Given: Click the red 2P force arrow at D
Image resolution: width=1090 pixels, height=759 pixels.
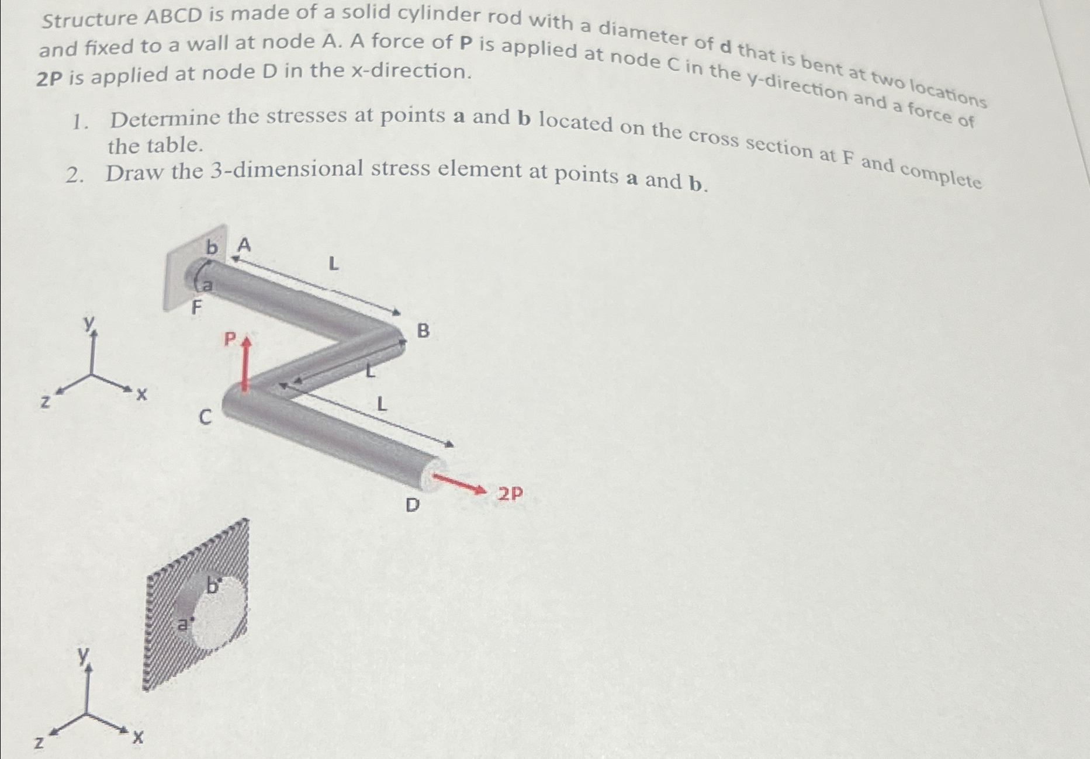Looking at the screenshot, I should click(x=460, y=483).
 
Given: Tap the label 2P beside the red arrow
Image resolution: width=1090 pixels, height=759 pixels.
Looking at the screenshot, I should click(x=510, y=494).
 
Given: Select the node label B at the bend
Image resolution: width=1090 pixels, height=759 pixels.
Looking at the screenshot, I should click(x=423, y=331).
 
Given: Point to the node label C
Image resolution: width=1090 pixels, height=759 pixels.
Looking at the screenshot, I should click(x=205, y=417).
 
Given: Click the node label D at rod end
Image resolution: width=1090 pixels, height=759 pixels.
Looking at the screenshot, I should click(x=413, y=505).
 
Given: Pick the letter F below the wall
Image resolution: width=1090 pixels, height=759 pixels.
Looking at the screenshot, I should click(x=197, y=307).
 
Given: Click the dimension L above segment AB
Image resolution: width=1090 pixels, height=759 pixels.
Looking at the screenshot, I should click(x=333, y=264).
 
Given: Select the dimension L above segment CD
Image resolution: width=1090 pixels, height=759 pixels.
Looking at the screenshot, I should click(x=382, y=404).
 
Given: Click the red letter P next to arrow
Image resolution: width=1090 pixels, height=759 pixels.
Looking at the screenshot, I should click(x=230, y=338).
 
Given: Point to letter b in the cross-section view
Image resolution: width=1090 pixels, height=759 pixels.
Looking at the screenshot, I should click(x=212, y=585).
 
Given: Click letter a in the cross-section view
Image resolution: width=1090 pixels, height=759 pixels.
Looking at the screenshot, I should click(x=183, y=625).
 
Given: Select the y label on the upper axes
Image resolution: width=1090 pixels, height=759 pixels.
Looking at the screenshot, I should click(x=89, y=323).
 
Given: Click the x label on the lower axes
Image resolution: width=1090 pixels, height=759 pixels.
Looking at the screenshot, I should click(x=137, y=738).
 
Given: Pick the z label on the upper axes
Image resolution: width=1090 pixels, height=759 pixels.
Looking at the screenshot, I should click(x=44, y=402).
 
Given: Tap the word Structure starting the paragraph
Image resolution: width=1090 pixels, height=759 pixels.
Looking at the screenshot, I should click(x=89, y=19).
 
